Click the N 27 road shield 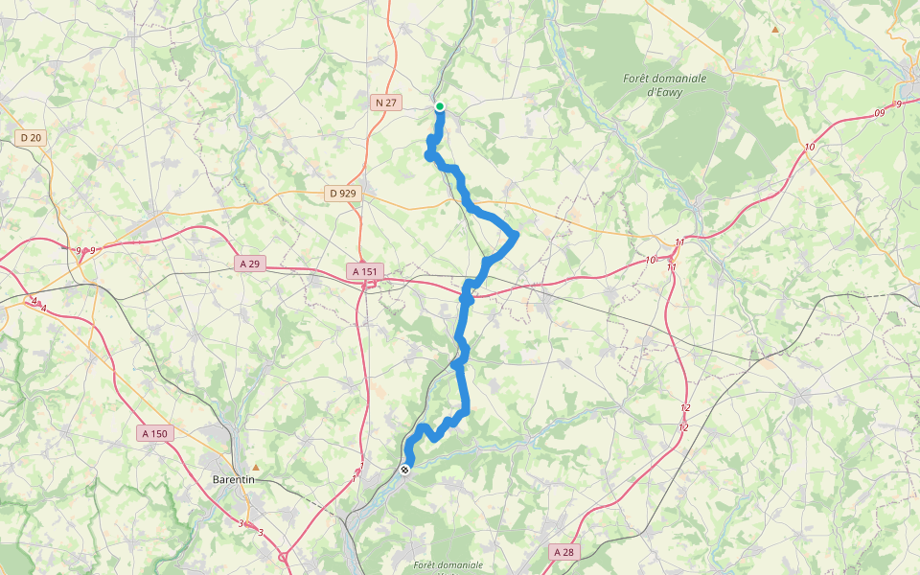click(385, 102)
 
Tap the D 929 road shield click(342, 193)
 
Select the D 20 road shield click(31, 138)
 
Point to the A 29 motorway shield click(250, 263)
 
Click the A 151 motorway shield click(366, 272)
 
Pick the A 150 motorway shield click(154, 433)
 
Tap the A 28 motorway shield click(563, 552)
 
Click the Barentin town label click(233, 479)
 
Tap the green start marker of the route click(440, 106)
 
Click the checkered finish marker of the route click(406, 470)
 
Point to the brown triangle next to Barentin click(256, 468)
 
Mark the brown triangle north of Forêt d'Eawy click(775, 30)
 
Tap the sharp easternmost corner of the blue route click(516, 234)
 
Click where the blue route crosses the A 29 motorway click(467, 297)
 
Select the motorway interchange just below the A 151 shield click(368, 285)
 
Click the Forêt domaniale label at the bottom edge click(448, 565)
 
